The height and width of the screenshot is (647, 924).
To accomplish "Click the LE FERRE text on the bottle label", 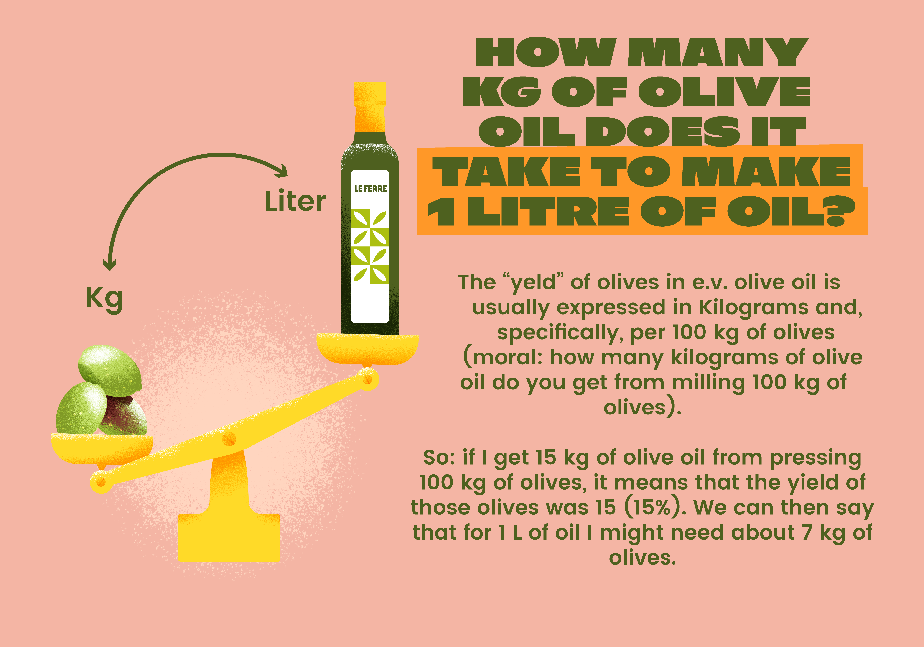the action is pyautogui.click(x=370, y=188).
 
